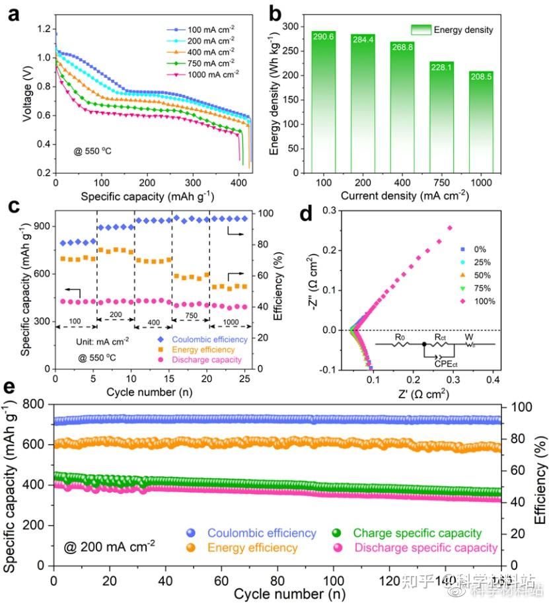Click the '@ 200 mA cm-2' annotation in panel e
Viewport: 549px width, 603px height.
110,546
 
